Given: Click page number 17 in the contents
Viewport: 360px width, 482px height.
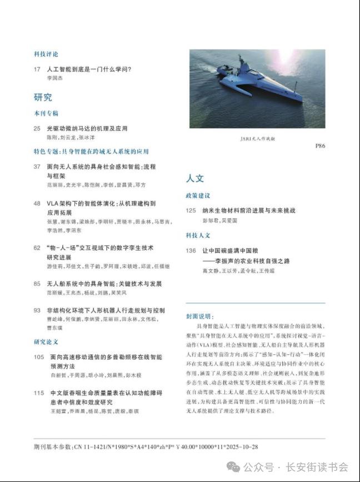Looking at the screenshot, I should (37, 70).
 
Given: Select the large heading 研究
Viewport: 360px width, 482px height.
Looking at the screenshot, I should (43, 98).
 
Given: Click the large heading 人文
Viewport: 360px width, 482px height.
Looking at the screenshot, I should (195, 179).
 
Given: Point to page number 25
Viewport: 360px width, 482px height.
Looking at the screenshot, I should (37, 128).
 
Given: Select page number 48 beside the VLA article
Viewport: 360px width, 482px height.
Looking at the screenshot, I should (37, 204).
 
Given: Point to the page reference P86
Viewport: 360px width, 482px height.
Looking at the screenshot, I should (320, 146).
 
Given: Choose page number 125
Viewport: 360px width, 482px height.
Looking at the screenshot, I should (192, 211).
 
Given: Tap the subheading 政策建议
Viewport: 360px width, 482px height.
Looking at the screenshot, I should (198, 196).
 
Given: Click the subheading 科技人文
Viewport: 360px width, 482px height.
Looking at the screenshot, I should (198, 235).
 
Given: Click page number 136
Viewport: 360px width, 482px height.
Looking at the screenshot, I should (192, 250).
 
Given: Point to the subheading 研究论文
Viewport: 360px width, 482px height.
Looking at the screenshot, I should (46, 342).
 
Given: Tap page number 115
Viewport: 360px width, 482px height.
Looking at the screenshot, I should (38, 393).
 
